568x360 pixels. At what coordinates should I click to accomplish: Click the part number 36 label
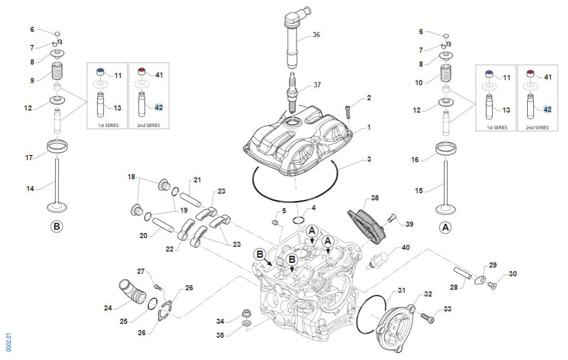click(x=317, y=35)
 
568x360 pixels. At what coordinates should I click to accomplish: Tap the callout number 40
click(x=406, y=247)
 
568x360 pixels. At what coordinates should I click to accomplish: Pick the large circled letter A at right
click(x=445, y=226)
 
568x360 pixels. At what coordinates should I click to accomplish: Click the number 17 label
click(x=29, y=158)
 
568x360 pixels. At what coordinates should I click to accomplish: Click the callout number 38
click(x=375, y=198)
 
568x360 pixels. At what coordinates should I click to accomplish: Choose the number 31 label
click(x=402, y=291)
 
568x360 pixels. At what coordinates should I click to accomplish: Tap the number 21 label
click(x=197, y=180)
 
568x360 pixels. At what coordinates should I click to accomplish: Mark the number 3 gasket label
click(x=369, y=160)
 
